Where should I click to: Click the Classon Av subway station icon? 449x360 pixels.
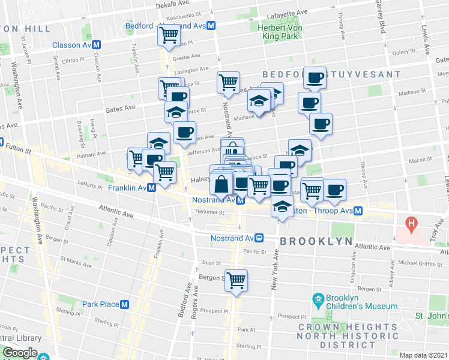tap(96, 45)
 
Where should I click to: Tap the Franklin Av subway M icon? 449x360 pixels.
tap(152, 187)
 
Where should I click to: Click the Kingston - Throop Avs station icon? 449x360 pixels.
tap(358, 211)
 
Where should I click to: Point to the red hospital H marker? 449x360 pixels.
tap(411, 226)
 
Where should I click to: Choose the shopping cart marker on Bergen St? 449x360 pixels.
tap(237, 280)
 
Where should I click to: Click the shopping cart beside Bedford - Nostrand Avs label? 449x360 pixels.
tap(169, 35)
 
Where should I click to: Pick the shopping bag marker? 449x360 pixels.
tap(221, 184)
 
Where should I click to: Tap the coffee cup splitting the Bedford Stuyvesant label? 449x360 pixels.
tap(314, 77)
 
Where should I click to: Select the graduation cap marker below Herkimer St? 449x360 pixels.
tap(281, 208)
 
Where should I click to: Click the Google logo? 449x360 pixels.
tap(20, 353)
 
